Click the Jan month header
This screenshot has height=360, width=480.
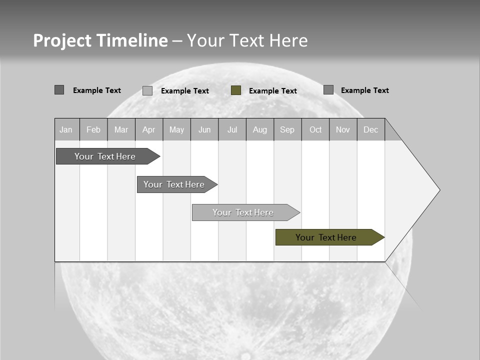[66, 129]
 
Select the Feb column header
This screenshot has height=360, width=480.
[93, 129]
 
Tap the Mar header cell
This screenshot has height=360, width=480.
[121, 129]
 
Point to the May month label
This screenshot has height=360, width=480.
[176, 129]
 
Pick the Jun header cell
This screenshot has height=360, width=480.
[204, 129]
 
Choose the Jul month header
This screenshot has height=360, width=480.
[232, 129]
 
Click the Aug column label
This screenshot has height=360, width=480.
[260, 129]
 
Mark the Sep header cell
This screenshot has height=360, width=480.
[287, 129]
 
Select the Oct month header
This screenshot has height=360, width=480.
[315, 129]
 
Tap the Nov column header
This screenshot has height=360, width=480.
[343, 129]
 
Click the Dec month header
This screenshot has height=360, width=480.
[371, 129]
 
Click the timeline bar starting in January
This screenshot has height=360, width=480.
[105, 156]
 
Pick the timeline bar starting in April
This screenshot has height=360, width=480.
[174, 184]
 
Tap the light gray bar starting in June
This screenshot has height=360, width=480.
[243, 212]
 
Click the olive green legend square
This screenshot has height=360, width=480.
[236, 90]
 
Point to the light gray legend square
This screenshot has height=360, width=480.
[147, 90]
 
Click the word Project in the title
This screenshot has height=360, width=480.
[62, 40]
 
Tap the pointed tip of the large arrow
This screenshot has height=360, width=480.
[438, 190]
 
